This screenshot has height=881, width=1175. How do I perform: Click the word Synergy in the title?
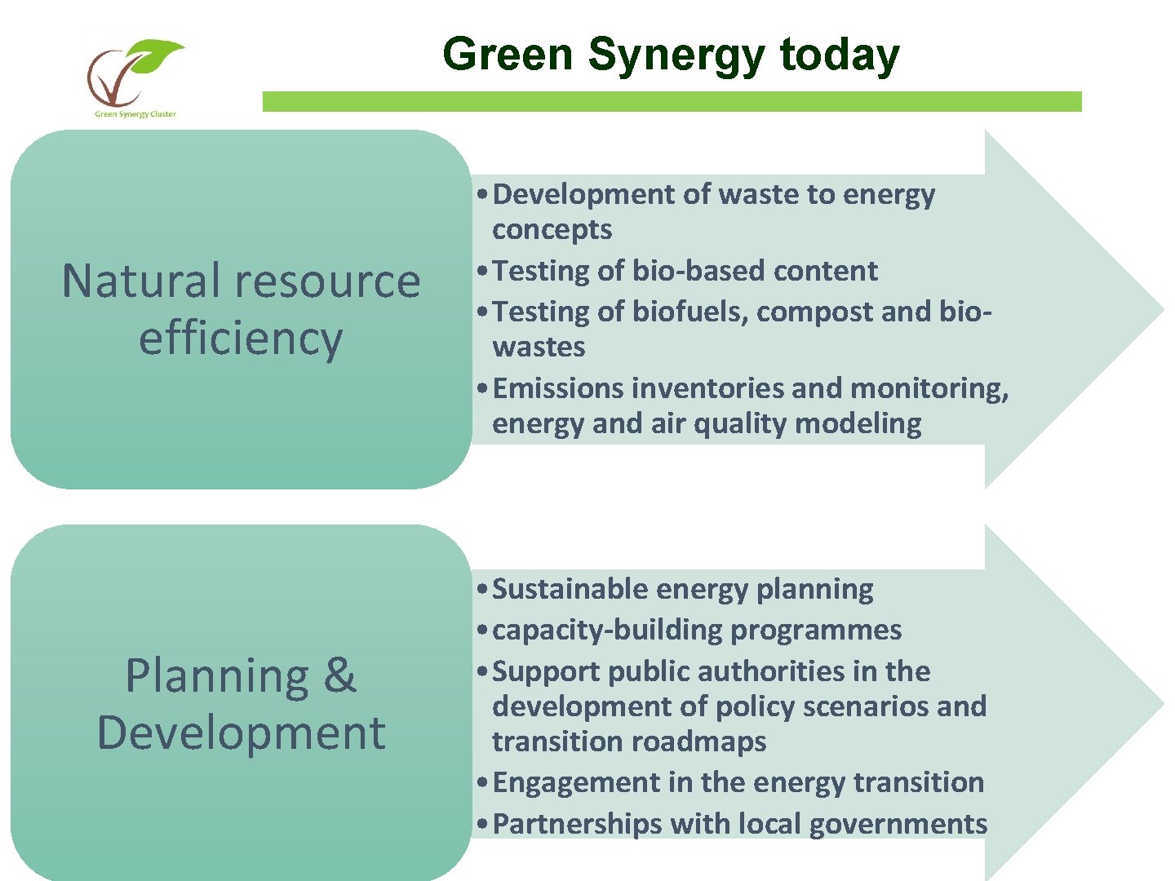click(676, 55)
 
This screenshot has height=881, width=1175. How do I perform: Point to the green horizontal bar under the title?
click(672, 101)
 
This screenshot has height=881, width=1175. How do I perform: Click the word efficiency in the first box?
click(240, 338)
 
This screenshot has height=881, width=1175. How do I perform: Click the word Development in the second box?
click(240, 733)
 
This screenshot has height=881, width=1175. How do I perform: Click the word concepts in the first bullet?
click(552, 230)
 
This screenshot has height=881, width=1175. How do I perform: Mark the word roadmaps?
click(698, 742)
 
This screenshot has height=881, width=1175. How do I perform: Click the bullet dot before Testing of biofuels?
click(483, 312)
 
